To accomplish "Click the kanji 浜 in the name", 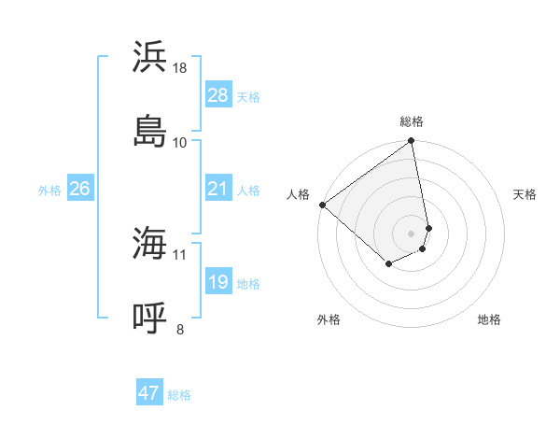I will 150,57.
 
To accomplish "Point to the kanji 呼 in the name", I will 150,318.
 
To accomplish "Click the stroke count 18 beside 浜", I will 180,68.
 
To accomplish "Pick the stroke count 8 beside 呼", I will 180,328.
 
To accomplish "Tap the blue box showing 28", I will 218,95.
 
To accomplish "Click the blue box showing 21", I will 218,189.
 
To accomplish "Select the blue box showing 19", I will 218,282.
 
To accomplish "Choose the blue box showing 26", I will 79,189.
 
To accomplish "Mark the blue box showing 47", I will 149,393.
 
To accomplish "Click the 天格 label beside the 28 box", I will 248,97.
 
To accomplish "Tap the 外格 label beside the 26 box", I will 49,191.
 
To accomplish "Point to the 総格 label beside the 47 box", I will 179,395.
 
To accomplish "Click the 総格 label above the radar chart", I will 412,121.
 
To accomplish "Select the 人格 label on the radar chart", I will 298,194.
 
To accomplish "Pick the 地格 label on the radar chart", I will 489,319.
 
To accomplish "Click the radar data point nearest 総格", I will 412,142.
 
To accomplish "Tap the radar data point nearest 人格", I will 322,205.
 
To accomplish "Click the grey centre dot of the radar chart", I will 412,233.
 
